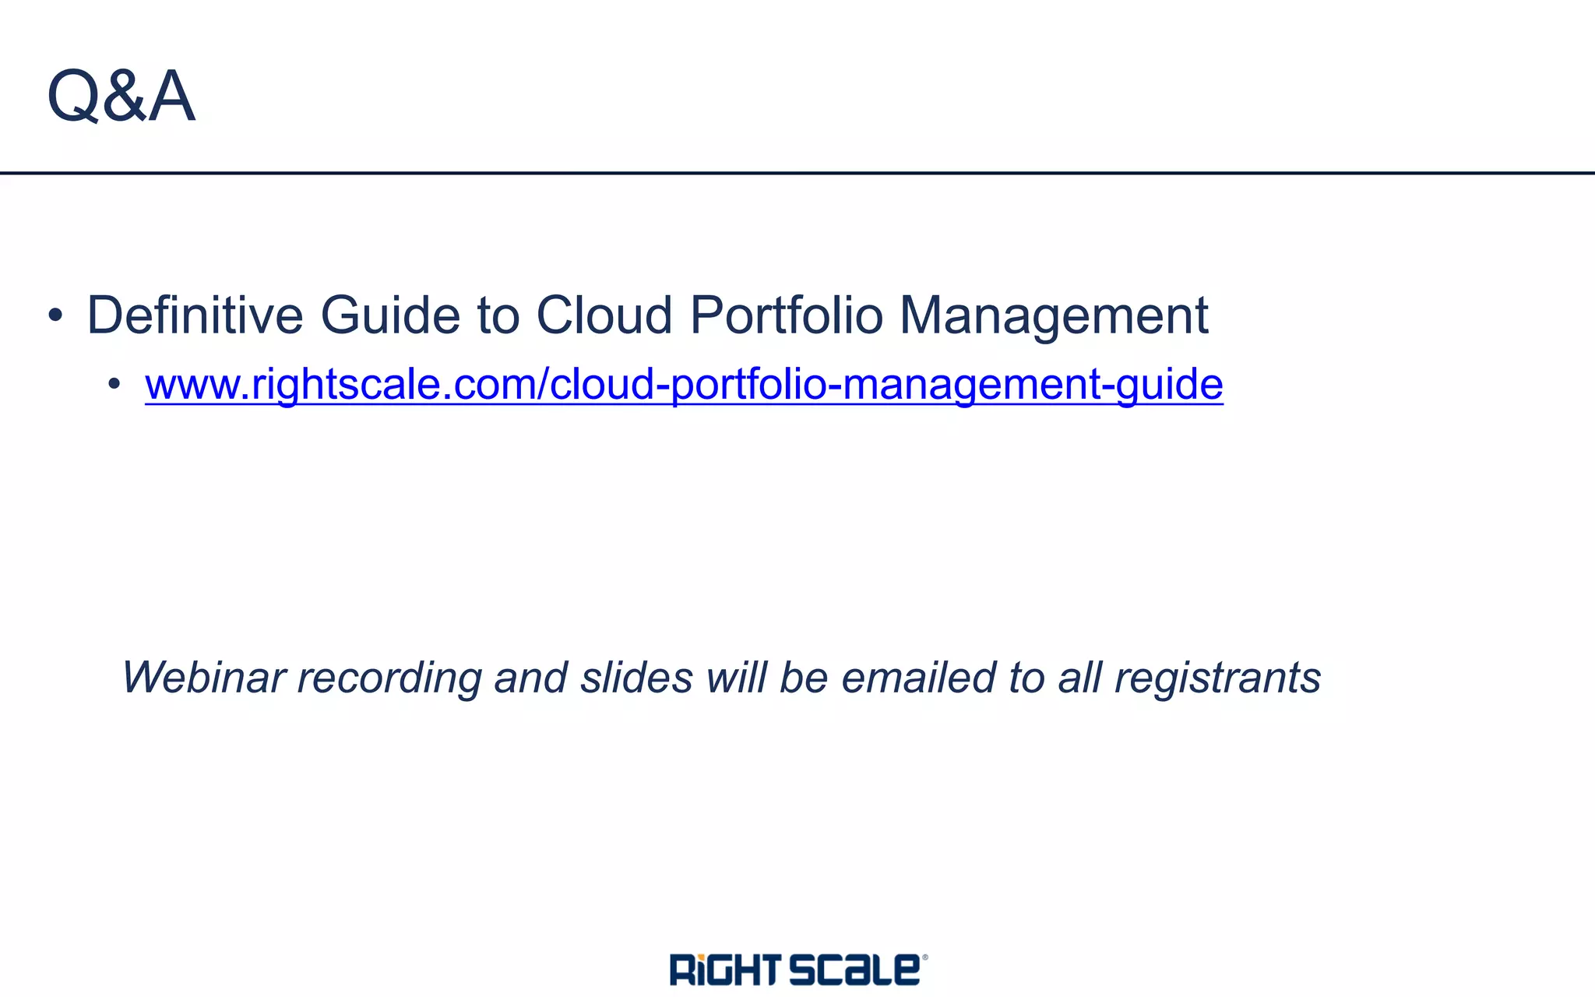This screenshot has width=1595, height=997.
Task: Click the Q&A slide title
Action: [121, 96]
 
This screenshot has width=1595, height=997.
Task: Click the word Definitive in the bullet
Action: [195, 315]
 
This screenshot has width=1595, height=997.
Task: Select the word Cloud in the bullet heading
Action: [604, 315]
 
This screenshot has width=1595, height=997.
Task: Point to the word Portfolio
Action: [786, 315]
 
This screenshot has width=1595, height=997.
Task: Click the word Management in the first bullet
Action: [1054, 315]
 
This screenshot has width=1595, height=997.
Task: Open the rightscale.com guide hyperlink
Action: [684, 385]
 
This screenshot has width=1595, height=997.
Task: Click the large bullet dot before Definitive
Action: [55, 315]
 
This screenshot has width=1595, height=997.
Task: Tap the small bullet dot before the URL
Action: [114, 383]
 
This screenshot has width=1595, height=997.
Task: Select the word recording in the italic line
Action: [389, 678]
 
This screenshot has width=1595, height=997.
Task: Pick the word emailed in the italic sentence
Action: [917, 677]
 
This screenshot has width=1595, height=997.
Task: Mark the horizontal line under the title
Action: [797, 173]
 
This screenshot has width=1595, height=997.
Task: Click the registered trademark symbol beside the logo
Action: [925, 957]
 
